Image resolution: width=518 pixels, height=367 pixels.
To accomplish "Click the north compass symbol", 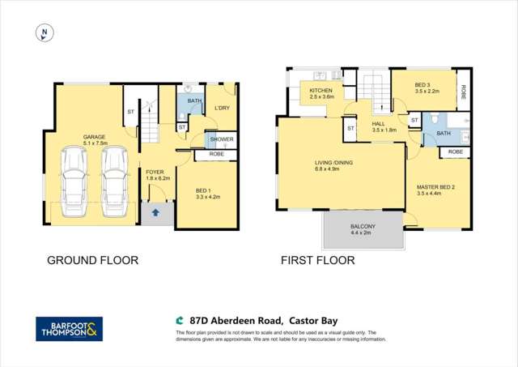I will [45, 33].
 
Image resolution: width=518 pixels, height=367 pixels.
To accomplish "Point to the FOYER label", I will [155, 172].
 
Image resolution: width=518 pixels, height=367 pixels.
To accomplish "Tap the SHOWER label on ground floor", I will [222, 139].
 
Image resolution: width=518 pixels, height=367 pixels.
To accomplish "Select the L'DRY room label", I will [223, 108].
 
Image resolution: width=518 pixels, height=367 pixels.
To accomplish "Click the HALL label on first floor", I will [380, 124].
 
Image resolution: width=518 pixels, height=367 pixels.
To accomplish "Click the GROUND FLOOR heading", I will [94, 261].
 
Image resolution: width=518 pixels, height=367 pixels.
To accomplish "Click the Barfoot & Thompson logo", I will [70, 329].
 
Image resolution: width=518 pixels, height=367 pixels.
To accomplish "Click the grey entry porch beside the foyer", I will [154, 213].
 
